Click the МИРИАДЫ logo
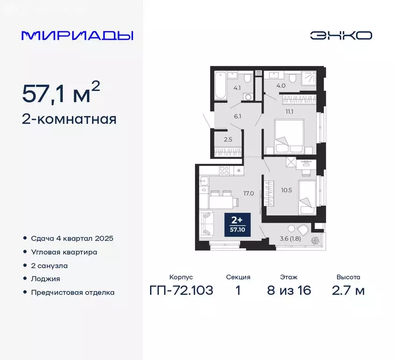77,36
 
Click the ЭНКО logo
341,36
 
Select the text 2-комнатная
69,119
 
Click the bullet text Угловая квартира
64,252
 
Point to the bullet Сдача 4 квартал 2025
72,238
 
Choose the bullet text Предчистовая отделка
73,292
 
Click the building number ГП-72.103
181,291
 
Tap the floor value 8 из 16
289,291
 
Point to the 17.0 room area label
248,193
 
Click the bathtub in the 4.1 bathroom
220,85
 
